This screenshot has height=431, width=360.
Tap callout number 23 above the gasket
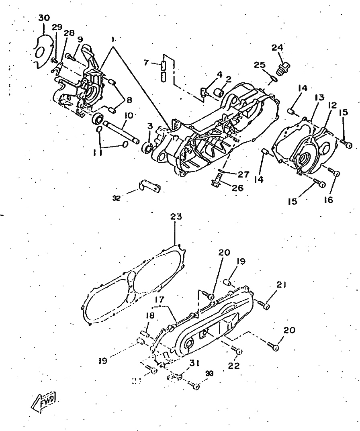(x=176, y=217)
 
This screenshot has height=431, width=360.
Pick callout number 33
(x=209, y=373)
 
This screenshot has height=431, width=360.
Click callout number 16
(x=328, y=199)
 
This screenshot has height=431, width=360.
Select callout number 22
(x=234, y=366)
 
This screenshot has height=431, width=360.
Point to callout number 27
(x=243, y=174)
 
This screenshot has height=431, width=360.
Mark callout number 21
(x=281, y=285)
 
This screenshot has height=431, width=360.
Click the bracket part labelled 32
(x=150, y=186)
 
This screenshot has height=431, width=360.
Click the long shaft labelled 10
(x=121, y=131)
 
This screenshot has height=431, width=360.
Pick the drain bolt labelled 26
(x=217, y=182)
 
